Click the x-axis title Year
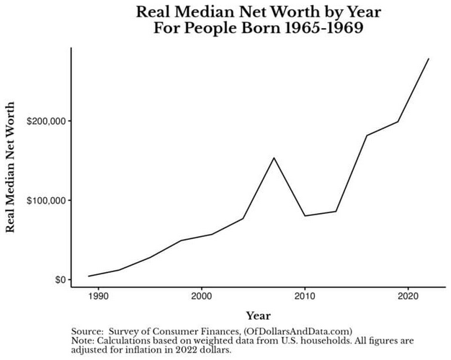coord(258,315)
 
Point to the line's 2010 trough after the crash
coord(305,216)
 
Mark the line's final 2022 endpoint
coord(429,58)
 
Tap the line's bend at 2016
coord(367,135)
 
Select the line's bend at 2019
coord(398,122)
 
